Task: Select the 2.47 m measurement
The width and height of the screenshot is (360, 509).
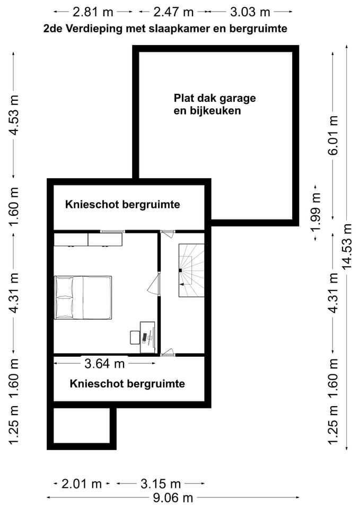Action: (173, 11)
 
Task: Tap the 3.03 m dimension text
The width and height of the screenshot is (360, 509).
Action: (249, 11)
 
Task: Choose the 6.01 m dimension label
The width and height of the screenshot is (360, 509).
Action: (333, 135)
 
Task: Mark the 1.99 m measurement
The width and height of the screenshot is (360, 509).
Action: (316, 212)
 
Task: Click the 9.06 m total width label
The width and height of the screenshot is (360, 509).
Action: (173, 498)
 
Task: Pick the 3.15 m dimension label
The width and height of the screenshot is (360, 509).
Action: (160, 484)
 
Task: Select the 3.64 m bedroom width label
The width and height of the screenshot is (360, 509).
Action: (104, 363)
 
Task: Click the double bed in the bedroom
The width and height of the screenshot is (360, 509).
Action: (83, 297)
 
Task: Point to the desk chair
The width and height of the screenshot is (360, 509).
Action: (134, 337)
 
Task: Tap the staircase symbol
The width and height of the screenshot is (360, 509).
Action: (191, 270)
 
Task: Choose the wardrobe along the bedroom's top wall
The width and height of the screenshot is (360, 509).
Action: (88, 239)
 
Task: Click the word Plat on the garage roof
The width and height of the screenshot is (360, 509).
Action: (184, 99)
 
